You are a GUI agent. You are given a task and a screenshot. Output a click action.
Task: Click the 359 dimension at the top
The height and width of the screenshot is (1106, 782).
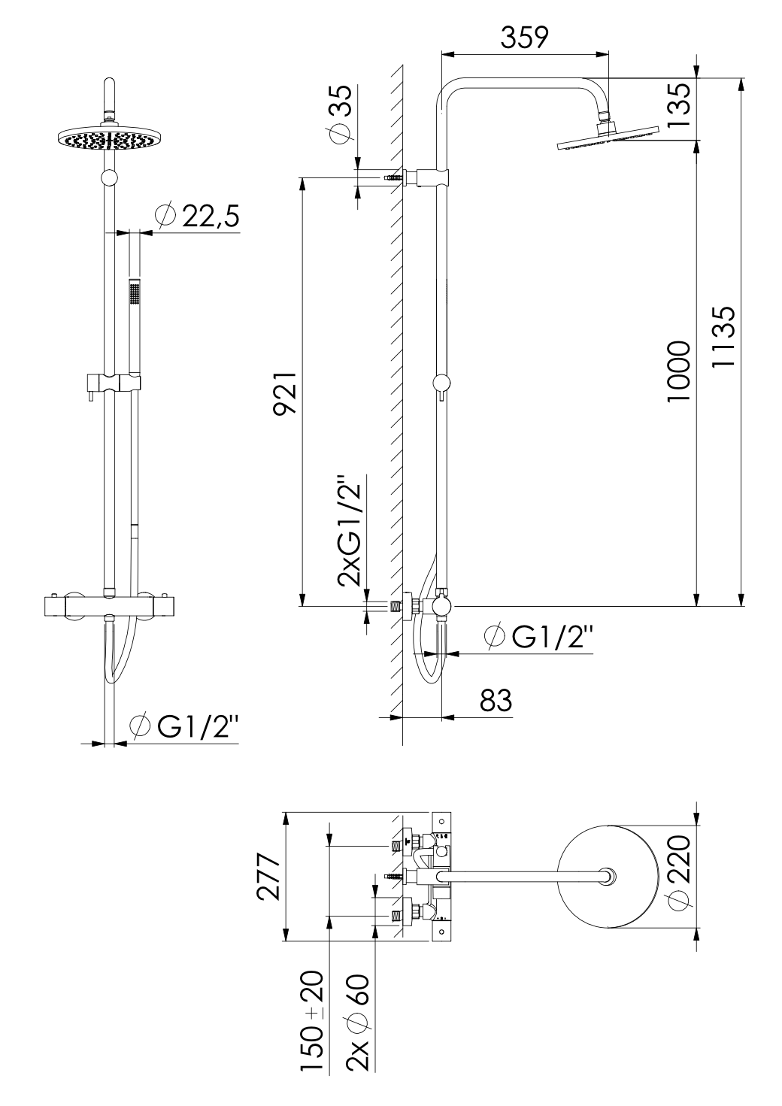pyautogui.click(x=524, y=37)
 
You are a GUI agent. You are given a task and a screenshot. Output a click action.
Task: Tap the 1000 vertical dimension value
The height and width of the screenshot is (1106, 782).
pyautogui.click(x=679, y=371)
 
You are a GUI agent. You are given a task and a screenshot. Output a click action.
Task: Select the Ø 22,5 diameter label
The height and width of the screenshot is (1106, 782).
pyautogui.click(x=197, y=216)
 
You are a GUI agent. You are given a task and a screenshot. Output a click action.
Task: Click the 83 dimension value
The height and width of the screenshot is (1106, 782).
pyautogui.click(x=495, y=700)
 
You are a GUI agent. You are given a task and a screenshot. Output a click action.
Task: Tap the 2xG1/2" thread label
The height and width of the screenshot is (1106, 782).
pyautogui.click(x=350, y=531)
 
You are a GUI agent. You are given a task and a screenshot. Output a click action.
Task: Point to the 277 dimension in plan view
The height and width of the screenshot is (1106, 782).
pyautogui.click(x=269, y=877)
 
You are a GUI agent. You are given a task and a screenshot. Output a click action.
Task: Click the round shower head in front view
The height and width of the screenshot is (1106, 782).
pyautogui.click(x=110, y=139)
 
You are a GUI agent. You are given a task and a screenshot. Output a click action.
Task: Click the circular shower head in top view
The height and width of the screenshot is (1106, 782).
pyautogui.click(x=608, y=876)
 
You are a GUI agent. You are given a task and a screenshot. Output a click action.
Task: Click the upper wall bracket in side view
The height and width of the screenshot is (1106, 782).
pyautogui.click(x=426, y=178)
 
